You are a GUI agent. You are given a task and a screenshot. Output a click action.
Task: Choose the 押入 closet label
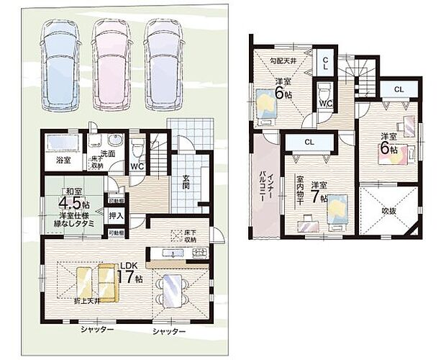(x=115, y=215)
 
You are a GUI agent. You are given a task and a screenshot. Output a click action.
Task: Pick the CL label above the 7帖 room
(x=309, y=142)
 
